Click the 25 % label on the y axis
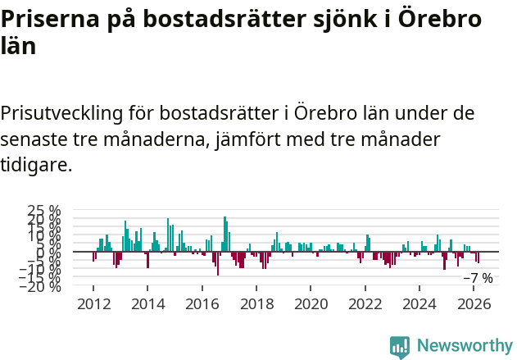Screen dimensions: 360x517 click(44, 212)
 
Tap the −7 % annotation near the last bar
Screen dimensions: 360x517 click(478, 278)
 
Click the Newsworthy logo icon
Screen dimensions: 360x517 click(400, 347)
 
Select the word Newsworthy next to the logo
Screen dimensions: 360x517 click(464, 346)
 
